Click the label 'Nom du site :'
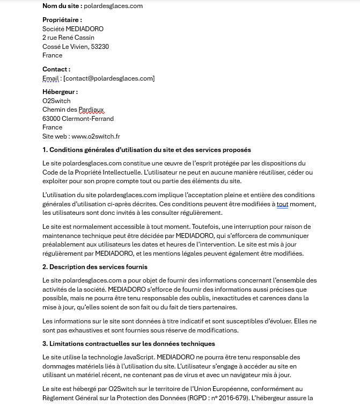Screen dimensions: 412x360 (x=62, y=6)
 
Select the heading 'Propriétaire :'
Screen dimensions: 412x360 (x=62, y=20)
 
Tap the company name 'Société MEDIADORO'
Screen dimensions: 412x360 (x=73, y=29)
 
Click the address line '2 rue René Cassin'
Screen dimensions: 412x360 (x=68, y=38)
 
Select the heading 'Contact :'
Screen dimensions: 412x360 (x=56, y=69)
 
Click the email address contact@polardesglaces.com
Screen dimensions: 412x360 (x=109, y=78)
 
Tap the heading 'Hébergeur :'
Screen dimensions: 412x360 (x=60, y=92)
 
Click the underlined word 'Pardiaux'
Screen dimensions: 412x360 (x=91, y=110)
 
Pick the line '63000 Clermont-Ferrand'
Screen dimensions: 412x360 (x=78, y=119)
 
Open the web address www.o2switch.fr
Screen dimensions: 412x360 (x=95, y=136)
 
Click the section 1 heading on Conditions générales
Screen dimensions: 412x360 (x=146, y=150)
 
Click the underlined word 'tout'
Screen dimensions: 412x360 (x=283, y=204)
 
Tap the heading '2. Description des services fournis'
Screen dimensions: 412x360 (x=95, y=267)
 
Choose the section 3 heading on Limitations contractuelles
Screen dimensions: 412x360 (x=129, y=344)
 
